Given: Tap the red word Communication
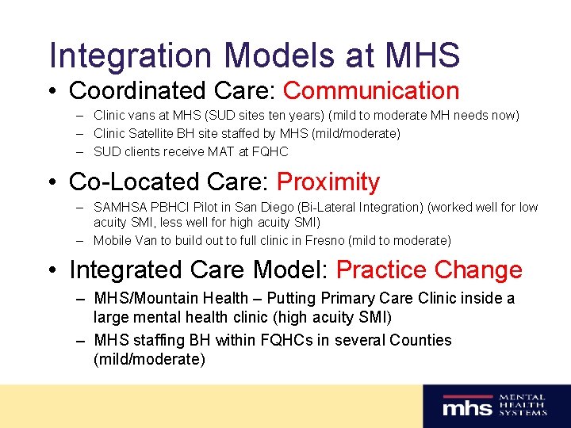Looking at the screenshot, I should (x=371, y=91).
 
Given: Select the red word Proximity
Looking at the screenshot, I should (x=328, y=182).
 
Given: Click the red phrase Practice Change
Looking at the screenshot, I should (x=429, y=269).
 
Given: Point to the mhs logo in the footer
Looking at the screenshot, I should (x=467, y=407).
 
